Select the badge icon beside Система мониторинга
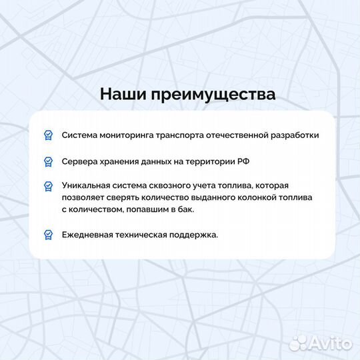coord(48,135)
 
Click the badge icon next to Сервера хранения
coord(48,161)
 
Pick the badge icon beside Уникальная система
coord(48,185)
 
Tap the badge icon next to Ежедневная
coord(48,235)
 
